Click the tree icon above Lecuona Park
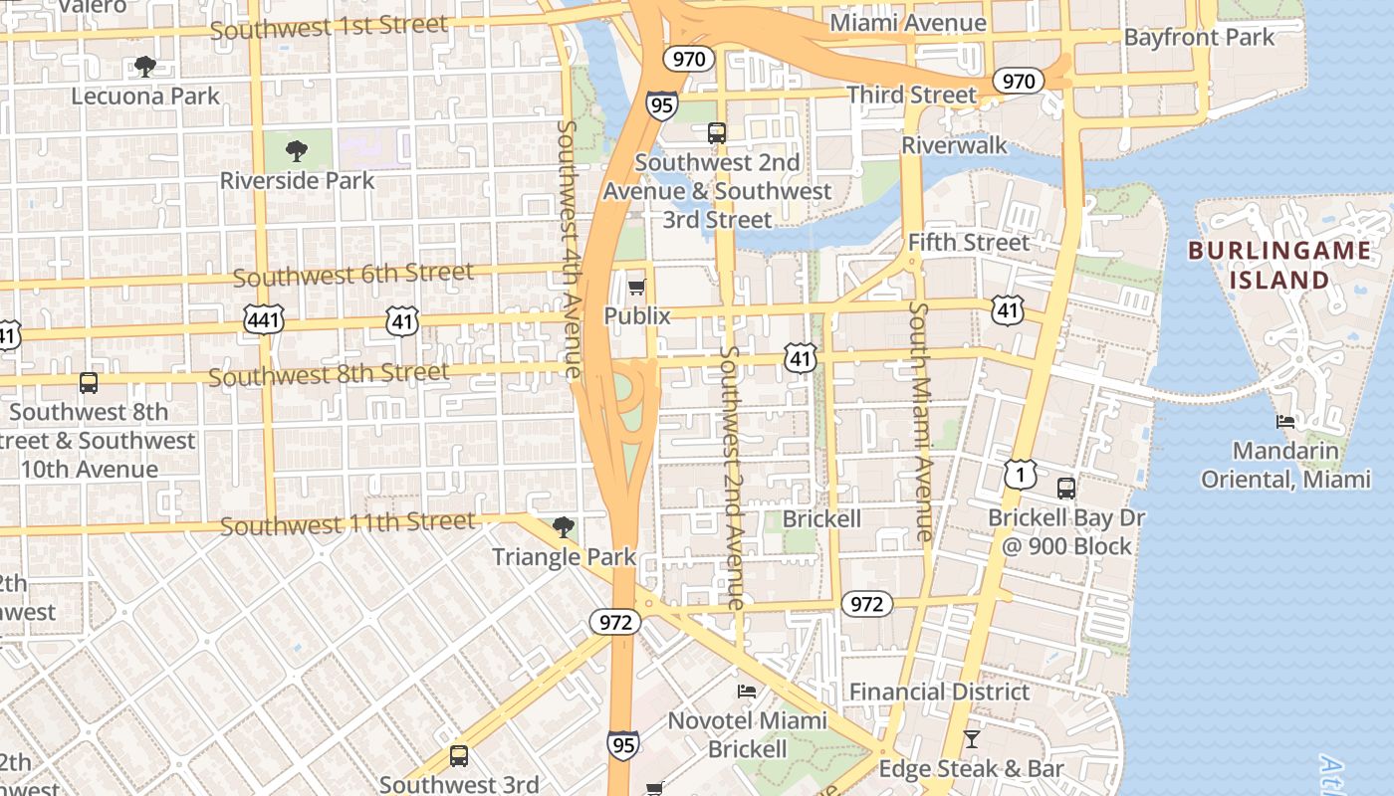145,67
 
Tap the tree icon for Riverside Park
296,151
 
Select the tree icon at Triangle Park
564,527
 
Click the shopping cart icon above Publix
636,288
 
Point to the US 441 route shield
264,320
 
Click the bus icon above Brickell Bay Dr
1066,489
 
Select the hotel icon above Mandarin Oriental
1285,422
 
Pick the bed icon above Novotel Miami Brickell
747,692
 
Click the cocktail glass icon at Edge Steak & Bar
972,739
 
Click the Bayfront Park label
1199,38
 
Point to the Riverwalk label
954,145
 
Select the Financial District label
939,692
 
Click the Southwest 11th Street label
348,523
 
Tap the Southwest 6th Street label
353,274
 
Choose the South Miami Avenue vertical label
920,422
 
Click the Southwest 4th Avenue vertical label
570,249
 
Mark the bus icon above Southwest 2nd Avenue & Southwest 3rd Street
717,132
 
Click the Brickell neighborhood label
821,518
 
